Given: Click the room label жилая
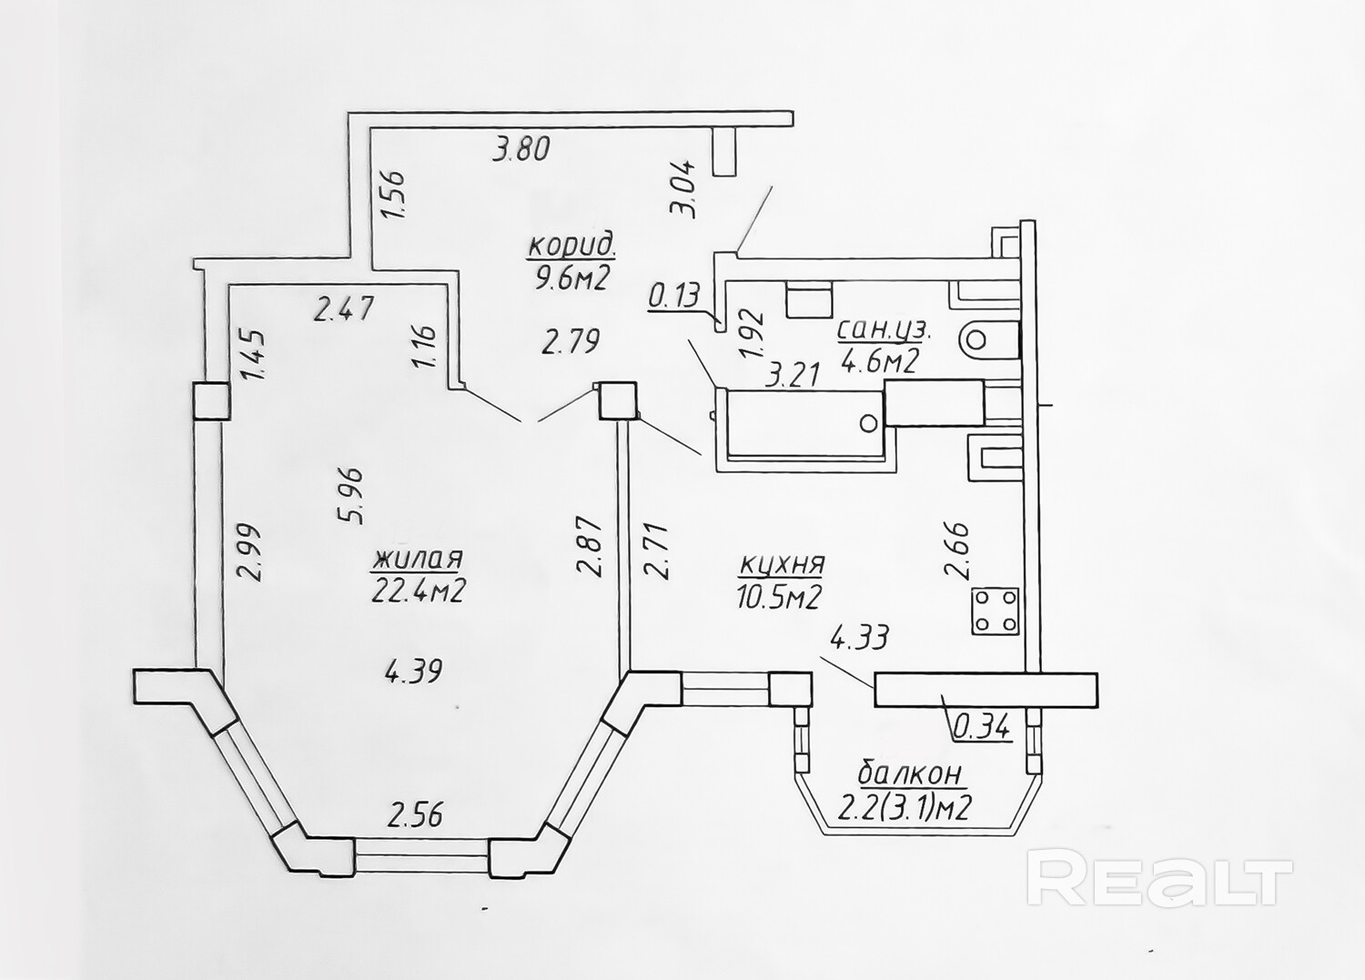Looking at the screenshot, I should [x=418, y=559].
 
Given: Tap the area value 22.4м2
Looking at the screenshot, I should [x=419, y=591].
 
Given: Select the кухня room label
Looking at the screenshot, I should [x=782, y=564].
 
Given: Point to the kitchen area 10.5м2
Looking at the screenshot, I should [x=780, y=597].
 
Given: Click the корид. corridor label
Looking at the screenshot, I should [x=572, y=246].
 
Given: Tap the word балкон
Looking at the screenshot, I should [x=909, y=774].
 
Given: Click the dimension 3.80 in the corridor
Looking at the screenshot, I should [x=521, y=147].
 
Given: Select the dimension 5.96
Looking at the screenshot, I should [x=350, y=495].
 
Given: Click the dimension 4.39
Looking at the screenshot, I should [x=414, y=672].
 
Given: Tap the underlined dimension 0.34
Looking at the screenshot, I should [x=981, y=727].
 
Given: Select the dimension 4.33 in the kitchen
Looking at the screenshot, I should [x=857, y=636].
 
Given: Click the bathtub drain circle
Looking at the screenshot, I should [x=869, y=422].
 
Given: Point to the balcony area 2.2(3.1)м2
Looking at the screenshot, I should [x=901, y=806].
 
